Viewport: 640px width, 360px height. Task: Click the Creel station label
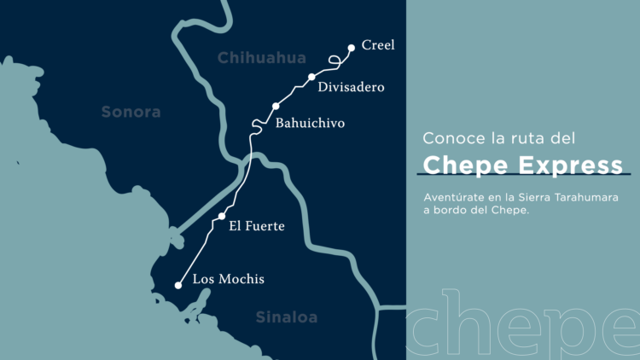click(x=378, y=45)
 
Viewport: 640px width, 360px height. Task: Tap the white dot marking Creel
click(x=352, y=48)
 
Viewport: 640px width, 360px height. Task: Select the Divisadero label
click(x=351, y=87)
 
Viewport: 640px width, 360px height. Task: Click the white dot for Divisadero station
click(x=312, y=77)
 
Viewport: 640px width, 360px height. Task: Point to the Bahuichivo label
click(x=310, y=124)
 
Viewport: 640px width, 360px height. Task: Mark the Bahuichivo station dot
click(x=276, y=107)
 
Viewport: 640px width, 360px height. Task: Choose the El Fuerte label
click(x=257, y=226)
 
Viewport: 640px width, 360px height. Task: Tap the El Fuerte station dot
click(x=222, y=216)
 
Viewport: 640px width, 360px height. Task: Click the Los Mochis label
click(x=229, y=279)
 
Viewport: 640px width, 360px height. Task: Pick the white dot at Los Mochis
click(x=178, y=286)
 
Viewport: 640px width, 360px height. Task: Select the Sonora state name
click(x=131, y=112)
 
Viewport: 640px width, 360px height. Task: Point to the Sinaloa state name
click(x=287, y=317)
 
